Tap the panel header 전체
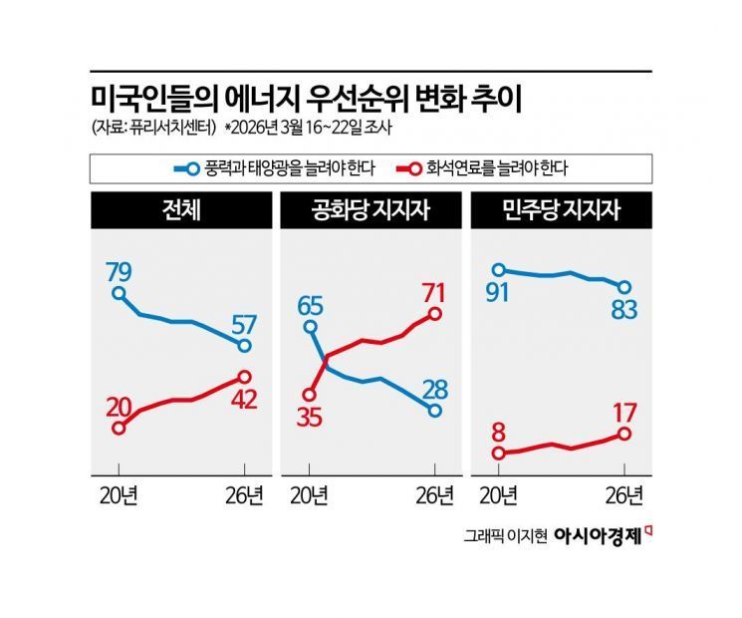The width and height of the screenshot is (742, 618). click(182, 211)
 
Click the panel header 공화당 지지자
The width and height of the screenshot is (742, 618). click(371, 211)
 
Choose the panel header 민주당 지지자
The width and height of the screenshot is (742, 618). click(561, 211)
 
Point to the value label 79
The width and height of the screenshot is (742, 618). click(119, 270)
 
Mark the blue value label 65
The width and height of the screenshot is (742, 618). click(311, 303)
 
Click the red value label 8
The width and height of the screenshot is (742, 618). click(498, 431)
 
